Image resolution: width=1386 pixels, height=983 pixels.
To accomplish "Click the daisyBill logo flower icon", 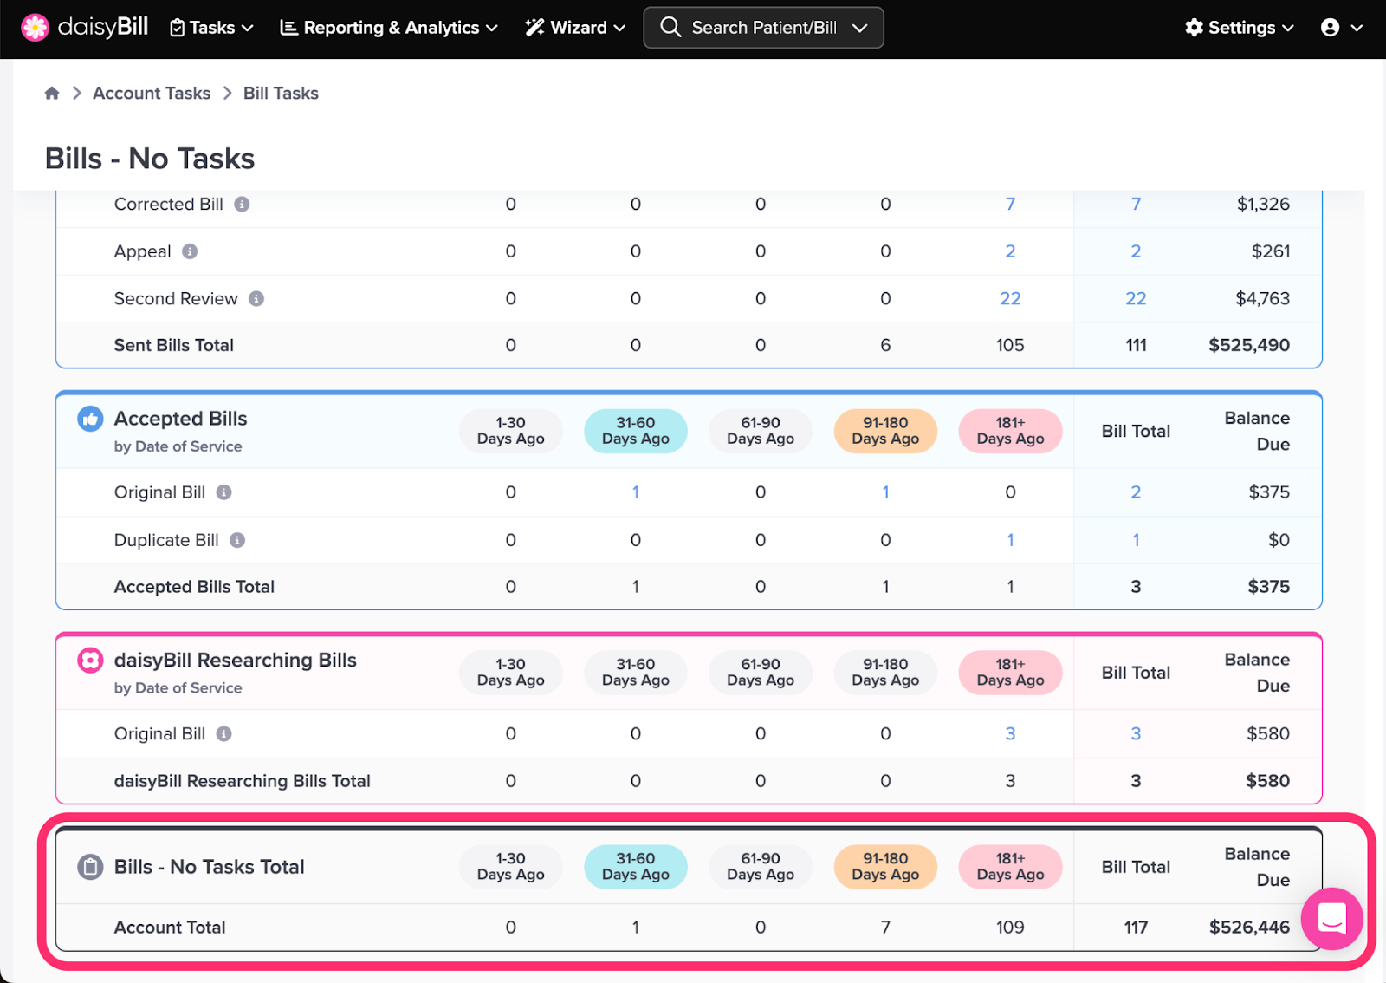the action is point(35,27).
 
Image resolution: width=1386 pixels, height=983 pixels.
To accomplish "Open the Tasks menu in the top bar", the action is point(211,28).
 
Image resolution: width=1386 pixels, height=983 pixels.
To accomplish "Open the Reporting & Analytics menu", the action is point(389,28).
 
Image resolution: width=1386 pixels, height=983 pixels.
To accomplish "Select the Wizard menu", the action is point(575,28).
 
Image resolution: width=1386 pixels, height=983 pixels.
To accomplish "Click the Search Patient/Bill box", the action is point(763,27).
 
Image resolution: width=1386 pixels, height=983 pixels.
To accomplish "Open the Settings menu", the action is point(1239,28).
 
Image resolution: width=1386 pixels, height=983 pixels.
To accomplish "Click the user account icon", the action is point(1330,28).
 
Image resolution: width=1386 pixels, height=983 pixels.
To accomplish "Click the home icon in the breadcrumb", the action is point(52,93).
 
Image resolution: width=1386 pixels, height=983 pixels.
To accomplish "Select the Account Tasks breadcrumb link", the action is point(152,93).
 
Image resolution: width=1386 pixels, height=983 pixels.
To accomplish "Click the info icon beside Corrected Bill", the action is point(242,204).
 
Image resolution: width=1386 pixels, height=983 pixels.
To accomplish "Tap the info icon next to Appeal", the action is point(190,251).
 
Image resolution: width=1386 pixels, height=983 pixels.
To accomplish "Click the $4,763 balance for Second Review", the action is point(1262,298).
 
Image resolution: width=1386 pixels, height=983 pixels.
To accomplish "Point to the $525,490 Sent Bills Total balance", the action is point(1248,345).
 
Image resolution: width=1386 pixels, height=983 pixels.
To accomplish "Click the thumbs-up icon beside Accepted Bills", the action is point(90,419).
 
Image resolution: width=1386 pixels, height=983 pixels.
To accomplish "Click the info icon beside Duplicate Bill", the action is point(237,540).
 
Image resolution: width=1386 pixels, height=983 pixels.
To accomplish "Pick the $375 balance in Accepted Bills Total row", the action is point(1268,586).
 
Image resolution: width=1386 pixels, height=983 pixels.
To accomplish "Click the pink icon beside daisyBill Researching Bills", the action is point(90,661).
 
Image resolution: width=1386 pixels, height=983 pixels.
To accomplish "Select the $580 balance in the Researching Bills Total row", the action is point(1267,780).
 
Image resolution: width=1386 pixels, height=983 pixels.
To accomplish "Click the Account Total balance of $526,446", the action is point(1249,927).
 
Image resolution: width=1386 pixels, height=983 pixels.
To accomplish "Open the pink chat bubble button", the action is point(1331,918).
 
